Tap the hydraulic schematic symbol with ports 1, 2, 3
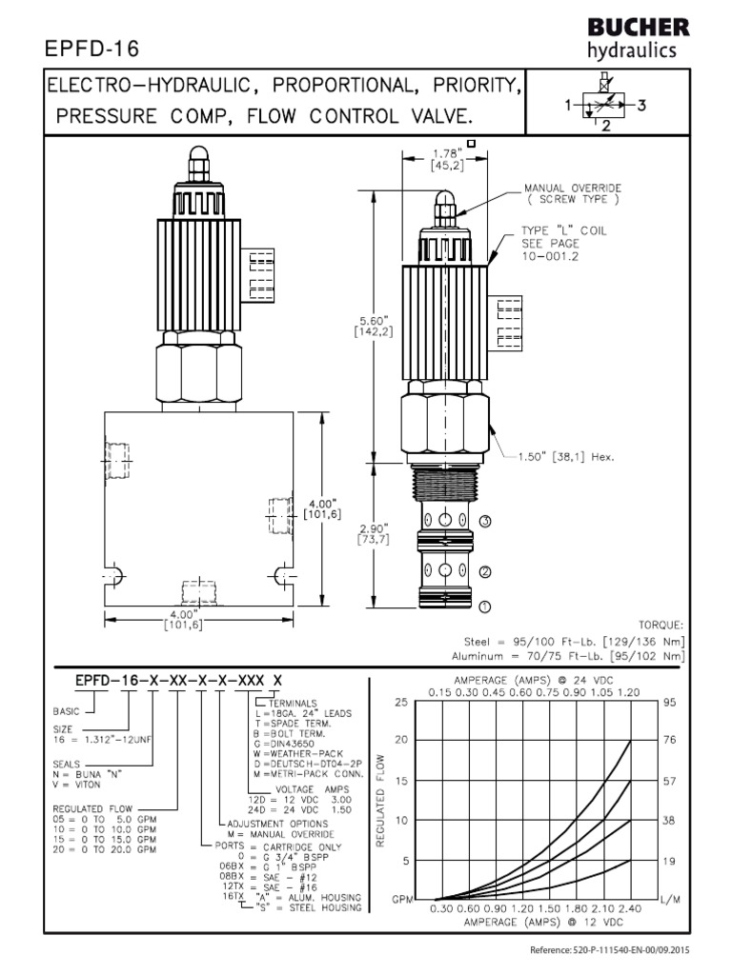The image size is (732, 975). point(606,108)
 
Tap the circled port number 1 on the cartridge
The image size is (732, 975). point(485,606)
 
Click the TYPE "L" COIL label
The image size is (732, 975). point(563,231)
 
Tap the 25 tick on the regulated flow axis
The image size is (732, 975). point(401,702)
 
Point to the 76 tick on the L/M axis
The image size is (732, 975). point(670,740)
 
